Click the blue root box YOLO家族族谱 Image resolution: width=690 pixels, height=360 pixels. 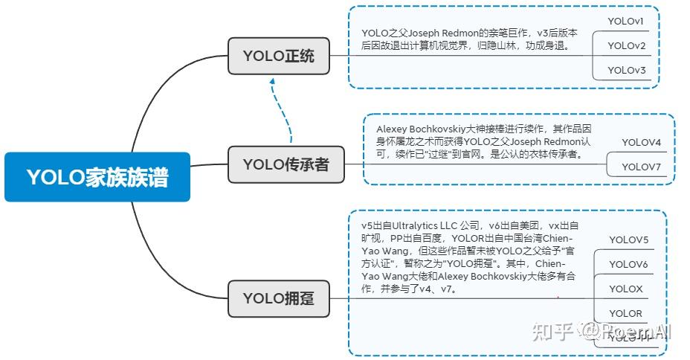(97, 177)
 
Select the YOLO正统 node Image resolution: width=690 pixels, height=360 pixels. (279, 56)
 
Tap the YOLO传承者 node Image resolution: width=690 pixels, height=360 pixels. (286, 164)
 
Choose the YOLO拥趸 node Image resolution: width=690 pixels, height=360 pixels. (279, 298)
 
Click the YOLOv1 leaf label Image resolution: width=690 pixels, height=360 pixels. (626, 21)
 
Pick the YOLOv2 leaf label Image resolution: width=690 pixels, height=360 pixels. (626, 45)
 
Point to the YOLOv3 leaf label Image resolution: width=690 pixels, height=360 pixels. (626, 70)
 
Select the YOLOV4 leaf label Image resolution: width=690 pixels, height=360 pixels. (641, 142)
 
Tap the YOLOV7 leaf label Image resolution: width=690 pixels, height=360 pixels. (641, 167)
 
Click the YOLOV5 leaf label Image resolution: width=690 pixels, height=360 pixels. (628, 240)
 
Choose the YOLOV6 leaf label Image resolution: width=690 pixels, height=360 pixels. (628, 264)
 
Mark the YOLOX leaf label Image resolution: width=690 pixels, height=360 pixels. (626, 289)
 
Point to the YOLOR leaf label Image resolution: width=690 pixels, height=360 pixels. (626, 313)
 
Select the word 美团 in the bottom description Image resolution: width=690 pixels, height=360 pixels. (526, 225)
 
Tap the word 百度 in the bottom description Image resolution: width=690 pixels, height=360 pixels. (430, 238)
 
